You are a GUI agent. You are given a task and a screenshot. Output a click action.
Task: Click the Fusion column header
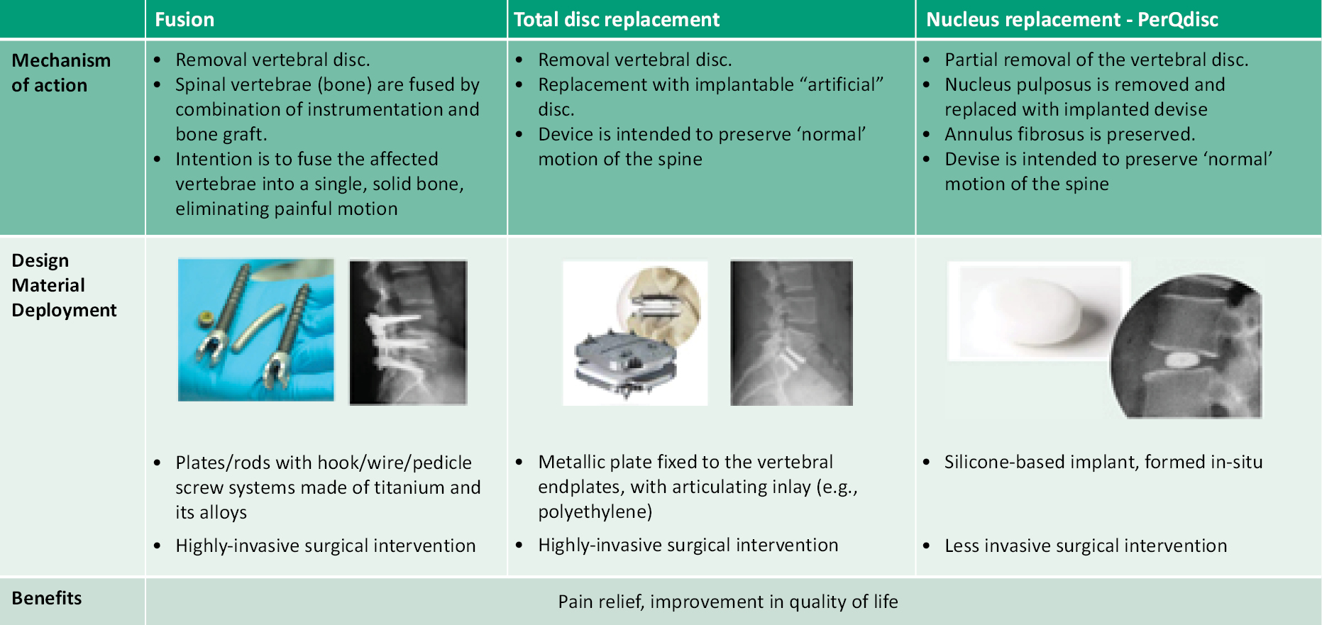pos(184,19)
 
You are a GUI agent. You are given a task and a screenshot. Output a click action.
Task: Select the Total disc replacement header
pos(617,19)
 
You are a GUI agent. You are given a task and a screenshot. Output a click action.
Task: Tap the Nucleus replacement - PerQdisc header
pos(1072,19)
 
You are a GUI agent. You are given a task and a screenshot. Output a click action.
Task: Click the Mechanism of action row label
pos(61,72)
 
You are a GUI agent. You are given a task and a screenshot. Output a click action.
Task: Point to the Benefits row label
pos(47,598)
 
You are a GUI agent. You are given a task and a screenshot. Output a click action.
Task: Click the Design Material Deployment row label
pos(64,285)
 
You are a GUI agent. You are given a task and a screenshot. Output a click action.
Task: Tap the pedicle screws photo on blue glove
pos(256,330)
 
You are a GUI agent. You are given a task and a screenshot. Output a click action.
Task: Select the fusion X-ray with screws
pos(408,332)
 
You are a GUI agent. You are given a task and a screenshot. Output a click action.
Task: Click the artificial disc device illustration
pos(635,333)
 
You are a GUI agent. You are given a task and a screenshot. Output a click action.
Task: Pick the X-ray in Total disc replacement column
pos(791,333)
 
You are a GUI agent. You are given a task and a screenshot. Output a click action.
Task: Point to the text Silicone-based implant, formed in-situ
pos(1103,462)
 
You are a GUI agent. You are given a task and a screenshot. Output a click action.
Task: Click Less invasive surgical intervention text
pos(1086,546)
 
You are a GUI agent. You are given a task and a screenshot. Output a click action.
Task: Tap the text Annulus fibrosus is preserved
pos(1070,134)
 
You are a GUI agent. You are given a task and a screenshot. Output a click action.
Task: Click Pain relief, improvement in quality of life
pos(728,602)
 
